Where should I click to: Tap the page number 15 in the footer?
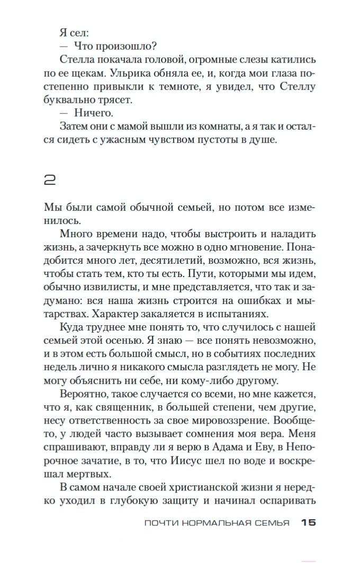tap(308, 523)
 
